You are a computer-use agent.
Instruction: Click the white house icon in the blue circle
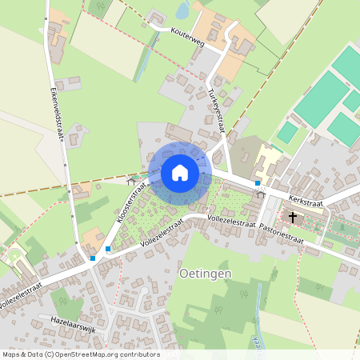point(180,172)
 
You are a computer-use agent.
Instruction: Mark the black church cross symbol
point(293,217)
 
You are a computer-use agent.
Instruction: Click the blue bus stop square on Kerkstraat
point(257,183)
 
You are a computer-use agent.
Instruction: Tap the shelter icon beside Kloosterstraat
point(131,182)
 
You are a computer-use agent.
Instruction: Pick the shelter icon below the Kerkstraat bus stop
point(259,194)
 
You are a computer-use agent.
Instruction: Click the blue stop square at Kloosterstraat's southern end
point(108,249)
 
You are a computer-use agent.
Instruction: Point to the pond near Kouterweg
point(182,10)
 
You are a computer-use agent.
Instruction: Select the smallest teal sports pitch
point(287,132)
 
